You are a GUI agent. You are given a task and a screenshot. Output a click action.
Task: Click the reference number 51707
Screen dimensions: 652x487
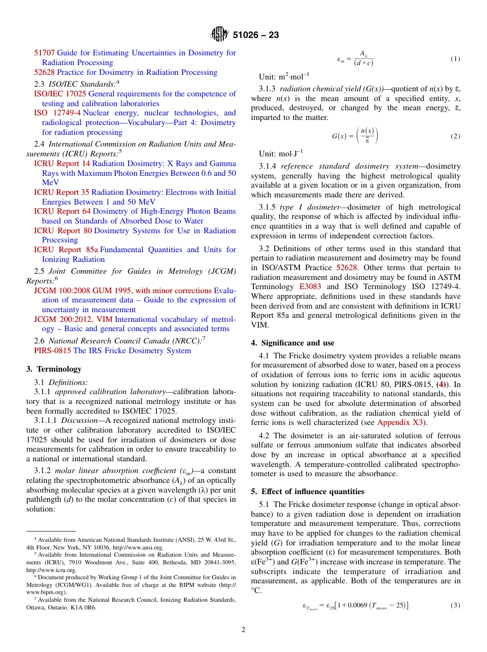[44, 53]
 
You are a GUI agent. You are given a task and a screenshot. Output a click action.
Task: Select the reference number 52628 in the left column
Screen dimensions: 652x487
[44, 72]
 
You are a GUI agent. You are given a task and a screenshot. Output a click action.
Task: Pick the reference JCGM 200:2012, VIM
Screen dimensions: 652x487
[73, 319]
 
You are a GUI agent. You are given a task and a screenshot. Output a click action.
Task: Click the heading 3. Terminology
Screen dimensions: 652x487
[54, 369]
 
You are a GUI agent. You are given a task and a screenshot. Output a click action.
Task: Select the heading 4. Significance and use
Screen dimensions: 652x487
[292, 343]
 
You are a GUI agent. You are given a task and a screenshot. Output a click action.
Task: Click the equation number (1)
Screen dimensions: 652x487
[455, 59]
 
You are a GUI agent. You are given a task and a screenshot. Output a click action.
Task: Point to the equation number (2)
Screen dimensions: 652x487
[455, 136]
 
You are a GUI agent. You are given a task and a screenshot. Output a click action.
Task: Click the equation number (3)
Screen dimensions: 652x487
[455, 605]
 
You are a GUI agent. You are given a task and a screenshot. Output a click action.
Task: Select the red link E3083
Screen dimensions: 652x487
[312, 287]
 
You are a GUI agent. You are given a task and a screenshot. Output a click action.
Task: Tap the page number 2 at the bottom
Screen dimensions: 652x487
[243, 630]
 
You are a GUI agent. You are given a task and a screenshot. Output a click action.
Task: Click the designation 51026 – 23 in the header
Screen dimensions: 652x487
[256, 35]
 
